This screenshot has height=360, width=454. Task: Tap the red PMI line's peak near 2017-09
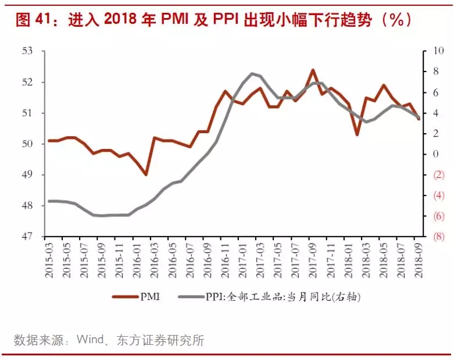(x=313, y=70)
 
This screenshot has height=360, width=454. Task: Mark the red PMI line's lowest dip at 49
(x=146, y=174)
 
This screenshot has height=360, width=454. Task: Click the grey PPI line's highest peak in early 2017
(x=252, y=73)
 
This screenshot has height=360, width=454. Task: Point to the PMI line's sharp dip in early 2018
(x=357, y=134)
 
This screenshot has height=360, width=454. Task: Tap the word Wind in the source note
(x=92, y=340)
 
